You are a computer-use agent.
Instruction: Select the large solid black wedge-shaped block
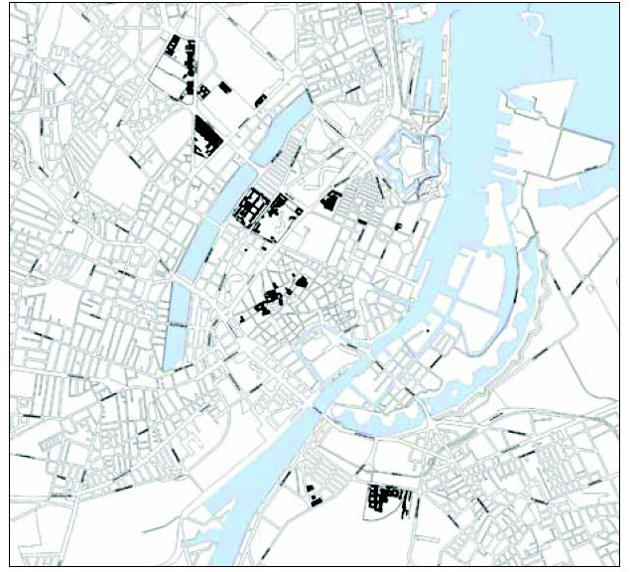(x=207, y=135)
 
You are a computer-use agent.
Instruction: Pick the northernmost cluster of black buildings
(x=181, y=51)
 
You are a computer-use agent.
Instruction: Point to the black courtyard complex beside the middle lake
(x=252, y=210)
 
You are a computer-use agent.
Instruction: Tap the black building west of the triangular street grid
(x=330, y=201)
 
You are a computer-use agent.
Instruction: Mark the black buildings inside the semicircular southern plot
(x=383, y=498)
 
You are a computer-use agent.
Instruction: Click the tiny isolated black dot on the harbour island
(x=427, y=330)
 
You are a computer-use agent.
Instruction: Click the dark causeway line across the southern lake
(x=178, y=324)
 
